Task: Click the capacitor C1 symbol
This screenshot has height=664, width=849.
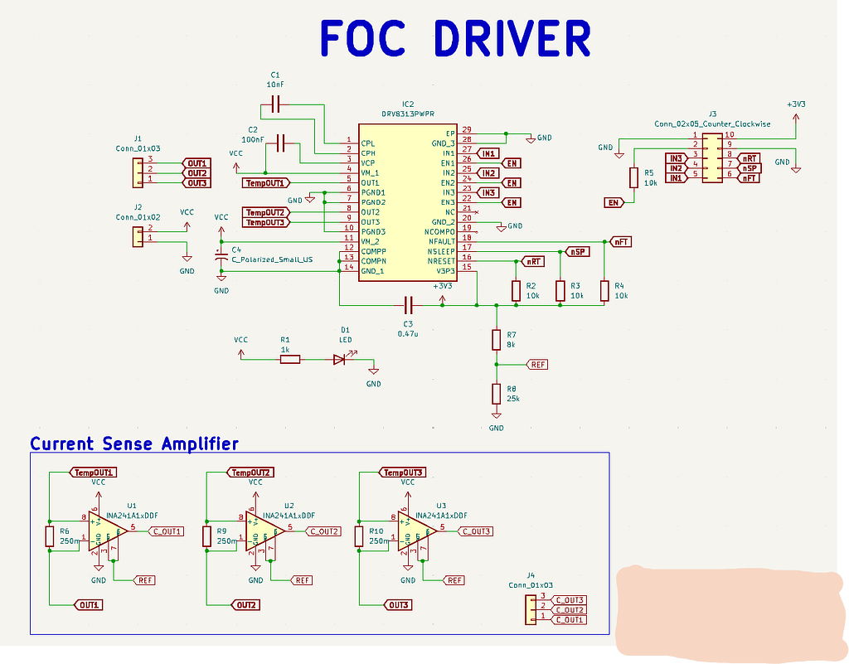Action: pyautogui.click(x=276, y=104)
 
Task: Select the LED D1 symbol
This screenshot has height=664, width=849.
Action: pyautogui.click(x=341, y=359)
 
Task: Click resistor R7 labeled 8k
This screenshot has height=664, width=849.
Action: pyautogui.click(x=497, y=339)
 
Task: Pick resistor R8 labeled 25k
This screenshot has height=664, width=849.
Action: pyautogui.click(x=497, y=393)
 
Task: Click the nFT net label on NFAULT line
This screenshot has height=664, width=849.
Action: pyautogui.click(x=620, y=241)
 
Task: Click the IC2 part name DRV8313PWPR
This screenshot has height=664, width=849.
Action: pyautogui.click(x=407, y=113)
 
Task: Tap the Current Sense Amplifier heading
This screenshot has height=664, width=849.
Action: pyautogui.click(x=134, y=443)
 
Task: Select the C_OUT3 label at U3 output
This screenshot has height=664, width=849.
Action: pyautogui.click(x=476, y=531)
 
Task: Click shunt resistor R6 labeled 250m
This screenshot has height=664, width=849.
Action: pyautogui.click(x=51, y=536)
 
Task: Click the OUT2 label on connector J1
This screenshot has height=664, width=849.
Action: pyautogui.click(x=196, y=172)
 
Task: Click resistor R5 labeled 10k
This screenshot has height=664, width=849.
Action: pyautogui.click(x=634, y=177)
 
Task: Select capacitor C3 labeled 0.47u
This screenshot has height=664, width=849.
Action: pyautogui.click(x=408, y=305)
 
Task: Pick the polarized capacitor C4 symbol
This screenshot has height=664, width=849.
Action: pyautogui.click(x=221, y=258)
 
